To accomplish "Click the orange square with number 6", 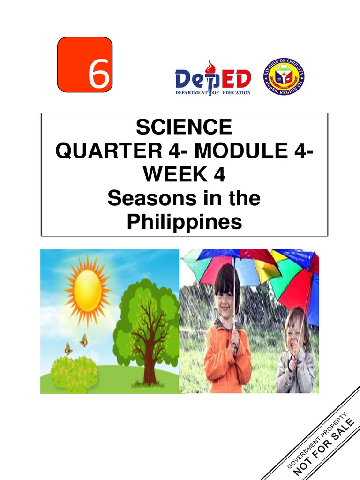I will pos(85,65).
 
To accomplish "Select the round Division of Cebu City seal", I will pos(284,76).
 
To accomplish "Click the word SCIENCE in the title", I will pos(184,127).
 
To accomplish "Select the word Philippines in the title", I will pos(184,222).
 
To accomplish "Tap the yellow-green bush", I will pos(74,373).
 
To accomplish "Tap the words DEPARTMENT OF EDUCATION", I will pos(213,93).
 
